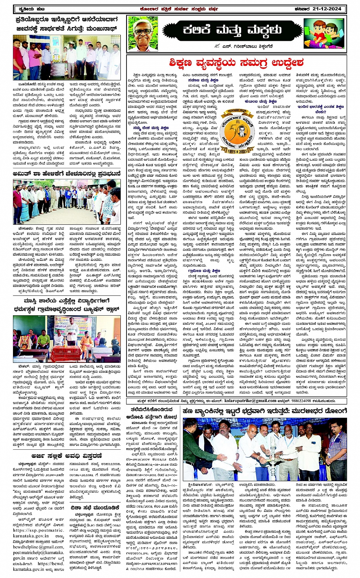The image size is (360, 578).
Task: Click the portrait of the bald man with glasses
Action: click(x=143, y=34)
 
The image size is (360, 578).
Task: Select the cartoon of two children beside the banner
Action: click(x=324, y=34)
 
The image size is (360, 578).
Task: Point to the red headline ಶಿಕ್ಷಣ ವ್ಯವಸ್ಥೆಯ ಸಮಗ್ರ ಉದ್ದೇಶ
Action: click(x=237, y=62)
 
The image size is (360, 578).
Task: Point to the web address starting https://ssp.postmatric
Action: click(x=38, y=530)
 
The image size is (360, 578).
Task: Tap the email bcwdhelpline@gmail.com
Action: click(x=38, y=547)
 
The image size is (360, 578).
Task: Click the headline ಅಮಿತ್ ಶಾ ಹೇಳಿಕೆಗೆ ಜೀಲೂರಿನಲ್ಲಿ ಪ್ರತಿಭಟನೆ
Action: click(x=67, y=174)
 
